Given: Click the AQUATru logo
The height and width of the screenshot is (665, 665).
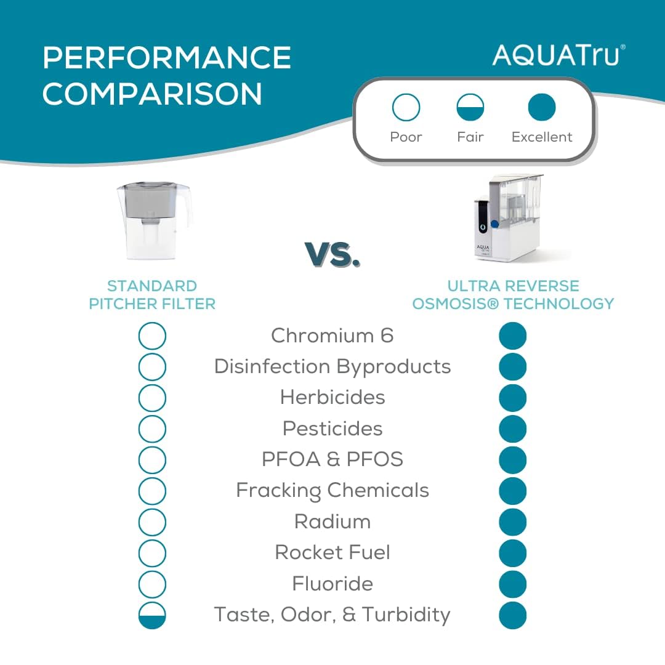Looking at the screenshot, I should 558,55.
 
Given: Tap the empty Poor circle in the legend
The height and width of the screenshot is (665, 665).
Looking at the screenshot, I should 406,108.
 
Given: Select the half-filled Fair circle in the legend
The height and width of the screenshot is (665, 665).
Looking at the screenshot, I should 470,108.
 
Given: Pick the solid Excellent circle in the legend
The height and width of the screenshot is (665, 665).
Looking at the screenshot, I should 542,108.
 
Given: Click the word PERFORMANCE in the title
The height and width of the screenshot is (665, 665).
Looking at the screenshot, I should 167,58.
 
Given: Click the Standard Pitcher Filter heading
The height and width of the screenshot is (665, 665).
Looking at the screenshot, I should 152,295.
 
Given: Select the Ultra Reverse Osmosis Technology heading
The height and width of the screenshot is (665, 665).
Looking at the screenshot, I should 513,295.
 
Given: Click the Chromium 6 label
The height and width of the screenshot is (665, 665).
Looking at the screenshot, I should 332,336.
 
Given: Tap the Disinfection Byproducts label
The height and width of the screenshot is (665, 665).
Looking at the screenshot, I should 332,367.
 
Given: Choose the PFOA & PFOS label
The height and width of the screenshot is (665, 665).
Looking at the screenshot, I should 332,459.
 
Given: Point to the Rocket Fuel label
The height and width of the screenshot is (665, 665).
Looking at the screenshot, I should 332,552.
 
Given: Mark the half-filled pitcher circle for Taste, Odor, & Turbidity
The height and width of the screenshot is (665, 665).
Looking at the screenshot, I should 152,615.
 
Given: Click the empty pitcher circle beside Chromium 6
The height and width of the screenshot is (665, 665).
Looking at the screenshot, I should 152,336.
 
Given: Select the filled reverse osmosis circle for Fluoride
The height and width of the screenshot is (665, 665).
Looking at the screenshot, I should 513,584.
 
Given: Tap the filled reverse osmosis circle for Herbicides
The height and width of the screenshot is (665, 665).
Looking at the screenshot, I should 513,398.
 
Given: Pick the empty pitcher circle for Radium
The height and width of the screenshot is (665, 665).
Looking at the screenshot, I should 152,522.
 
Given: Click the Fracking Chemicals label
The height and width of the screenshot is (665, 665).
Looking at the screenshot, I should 332,491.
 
